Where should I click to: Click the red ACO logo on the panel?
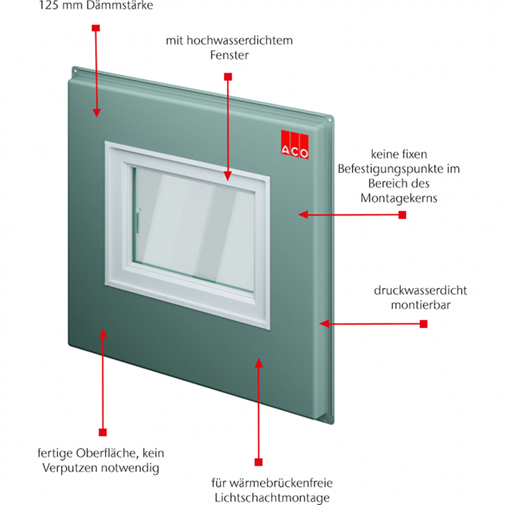tap(295, 145)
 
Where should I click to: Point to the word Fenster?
tap(229, 55)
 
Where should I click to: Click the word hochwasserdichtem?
tap(238, 41)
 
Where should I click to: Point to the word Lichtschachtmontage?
tap(272, 498)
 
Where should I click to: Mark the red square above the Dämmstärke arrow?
tap(95, 27)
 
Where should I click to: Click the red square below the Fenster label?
tap(228, 77)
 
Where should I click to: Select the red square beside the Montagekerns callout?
tap(402, 215)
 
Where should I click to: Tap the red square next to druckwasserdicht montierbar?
tap(423, 324)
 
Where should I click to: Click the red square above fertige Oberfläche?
tap(103, 432)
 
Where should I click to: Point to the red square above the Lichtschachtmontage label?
tap(259, 461)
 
